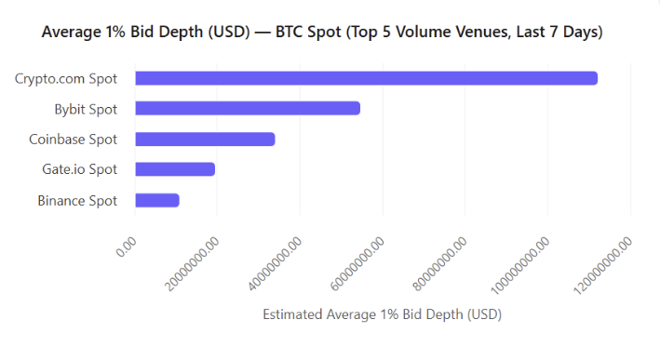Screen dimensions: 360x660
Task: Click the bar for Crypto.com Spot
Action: [366, 78]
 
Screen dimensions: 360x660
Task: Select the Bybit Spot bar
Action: [248, 109]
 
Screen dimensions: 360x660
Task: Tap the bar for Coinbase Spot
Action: [205, 140]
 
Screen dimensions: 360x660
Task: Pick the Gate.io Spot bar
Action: [175, 169]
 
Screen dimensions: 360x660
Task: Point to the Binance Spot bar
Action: [156, 200]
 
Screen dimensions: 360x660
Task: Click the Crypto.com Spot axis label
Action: [66, 78]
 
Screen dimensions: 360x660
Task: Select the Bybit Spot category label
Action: [86, 109]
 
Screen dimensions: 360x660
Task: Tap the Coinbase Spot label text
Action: [74, 140]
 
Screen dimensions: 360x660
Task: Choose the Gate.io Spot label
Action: [80, 169]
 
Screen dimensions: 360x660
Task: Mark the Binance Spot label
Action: [77, 200]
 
